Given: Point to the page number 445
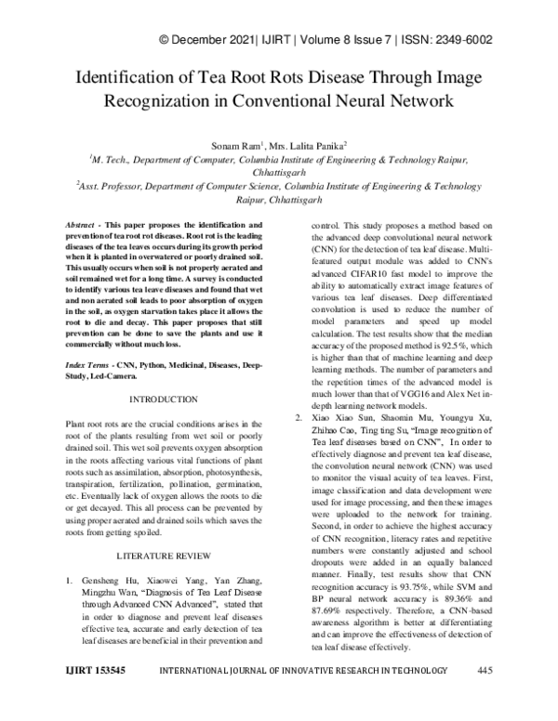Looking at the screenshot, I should (x=484, y=696).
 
